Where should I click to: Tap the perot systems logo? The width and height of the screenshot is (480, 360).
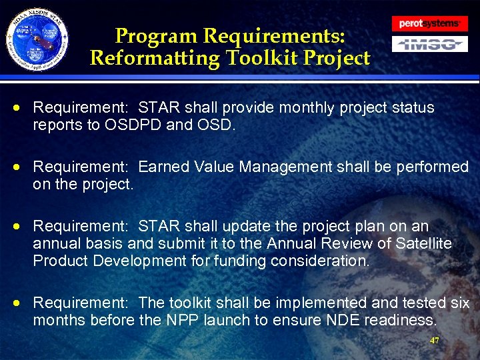click(429, 23)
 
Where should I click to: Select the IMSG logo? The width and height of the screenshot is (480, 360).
click(429, 45)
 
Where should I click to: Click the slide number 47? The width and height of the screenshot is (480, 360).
click(435, 340)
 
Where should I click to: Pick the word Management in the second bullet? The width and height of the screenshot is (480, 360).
click(285, 167)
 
